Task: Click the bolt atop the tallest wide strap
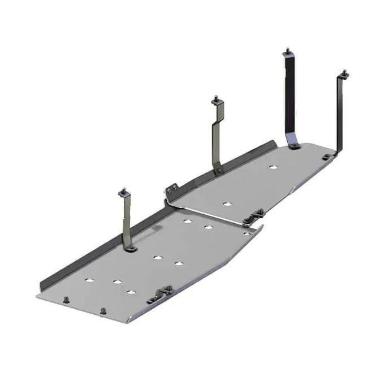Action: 287,54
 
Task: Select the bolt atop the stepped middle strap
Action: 216,101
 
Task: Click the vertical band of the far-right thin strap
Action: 341,113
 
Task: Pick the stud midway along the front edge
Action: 103,310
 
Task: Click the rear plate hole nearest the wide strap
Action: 272,167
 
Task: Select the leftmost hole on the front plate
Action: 90,280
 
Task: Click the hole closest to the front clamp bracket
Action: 132,291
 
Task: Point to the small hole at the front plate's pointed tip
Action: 246,233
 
